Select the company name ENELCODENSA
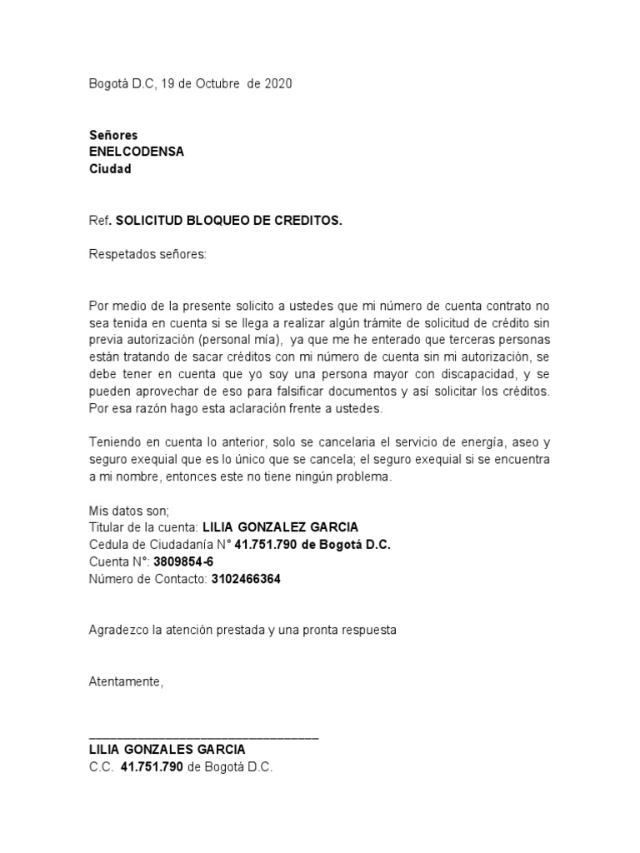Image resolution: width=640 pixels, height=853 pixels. (x=137, y=152)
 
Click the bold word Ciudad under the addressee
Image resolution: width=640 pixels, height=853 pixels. (x=110, y=169)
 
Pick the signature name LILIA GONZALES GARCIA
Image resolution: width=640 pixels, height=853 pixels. (x=167, y=750)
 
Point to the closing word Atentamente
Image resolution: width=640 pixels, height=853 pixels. (x=127, y=682)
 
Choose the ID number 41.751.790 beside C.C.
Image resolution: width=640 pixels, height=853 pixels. (x=152, y=767)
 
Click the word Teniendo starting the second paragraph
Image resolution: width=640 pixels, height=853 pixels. (x=116, y=442)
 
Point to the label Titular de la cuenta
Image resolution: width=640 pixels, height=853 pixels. (x=142, y=527)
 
